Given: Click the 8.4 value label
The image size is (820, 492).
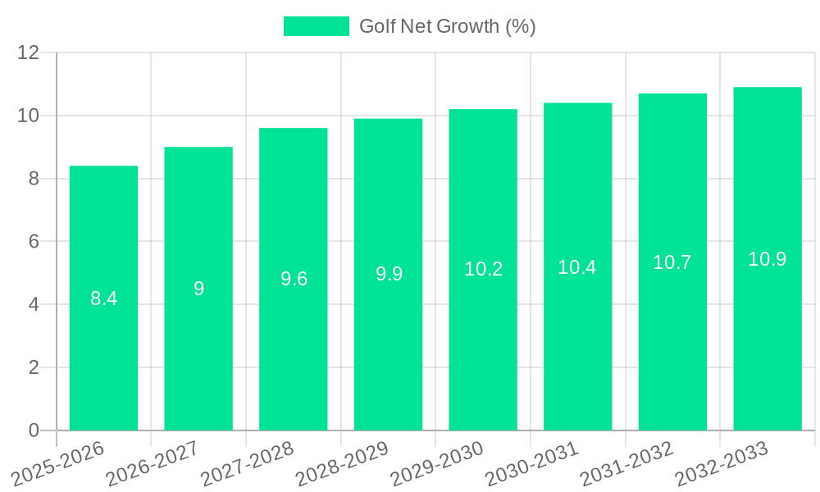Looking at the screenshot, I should tap(103, 298).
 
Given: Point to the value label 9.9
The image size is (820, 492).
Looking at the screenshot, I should tap(389, 274).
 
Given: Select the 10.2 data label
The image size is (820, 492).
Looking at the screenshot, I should tap(483, 269).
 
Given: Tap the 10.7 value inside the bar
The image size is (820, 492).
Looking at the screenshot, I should tap(672, 262).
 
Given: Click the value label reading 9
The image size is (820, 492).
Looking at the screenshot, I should tap(198, 289).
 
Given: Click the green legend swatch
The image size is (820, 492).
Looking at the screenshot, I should tap(316, 26).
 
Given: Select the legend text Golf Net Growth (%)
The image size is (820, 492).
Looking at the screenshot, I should tap(447, 26).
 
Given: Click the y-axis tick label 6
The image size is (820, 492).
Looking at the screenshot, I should tap(34, 242).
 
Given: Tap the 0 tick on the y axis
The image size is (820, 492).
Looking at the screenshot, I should tap(34, 430).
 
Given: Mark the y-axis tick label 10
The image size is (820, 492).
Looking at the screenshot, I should tap(29, 116).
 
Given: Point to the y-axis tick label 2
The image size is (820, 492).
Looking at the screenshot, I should tap(34, 367).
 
